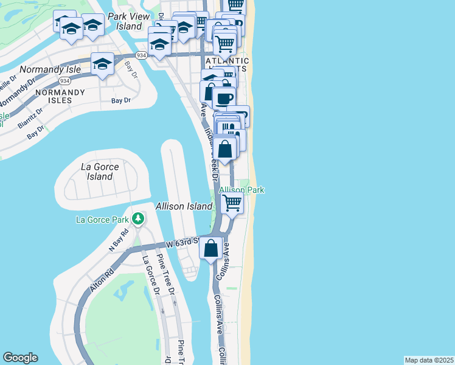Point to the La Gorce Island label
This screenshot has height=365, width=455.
[100, 171]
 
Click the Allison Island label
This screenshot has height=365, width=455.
[184, 206]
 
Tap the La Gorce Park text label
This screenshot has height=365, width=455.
[102, 220]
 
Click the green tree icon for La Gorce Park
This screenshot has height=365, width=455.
[139, 218]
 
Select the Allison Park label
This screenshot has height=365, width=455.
[241, 190]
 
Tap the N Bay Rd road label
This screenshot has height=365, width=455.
[119, 240]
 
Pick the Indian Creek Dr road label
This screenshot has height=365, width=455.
[210, 143]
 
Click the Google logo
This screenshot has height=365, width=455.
[20, 358]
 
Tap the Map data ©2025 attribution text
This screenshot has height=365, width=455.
[429, 360]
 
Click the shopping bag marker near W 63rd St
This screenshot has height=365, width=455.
[211, 248]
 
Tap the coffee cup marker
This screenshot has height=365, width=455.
[224, 98]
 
